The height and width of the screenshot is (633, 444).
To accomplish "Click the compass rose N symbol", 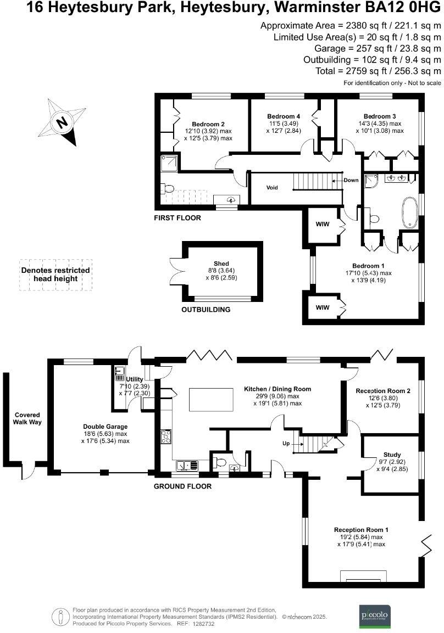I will (63, 122).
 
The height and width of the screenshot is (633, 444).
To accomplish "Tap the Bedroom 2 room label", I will (208, 124).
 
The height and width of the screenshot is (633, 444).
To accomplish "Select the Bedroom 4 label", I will (284, 116).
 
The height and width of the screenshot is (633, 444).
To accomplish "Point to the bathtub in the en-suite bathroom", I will (410, 212).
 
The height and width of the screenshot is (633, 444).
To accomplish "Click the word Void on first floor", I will (272, 188).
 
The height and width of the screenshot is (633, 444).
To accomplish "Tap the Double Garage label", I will (106, 427).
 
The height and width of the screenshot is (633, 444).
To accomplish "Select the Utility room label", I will (135, 379).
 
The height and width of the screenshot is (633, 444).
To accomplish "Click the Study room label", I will (392, 455).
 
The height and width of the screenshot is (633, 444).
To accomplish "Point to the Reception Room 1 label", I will (361, 530).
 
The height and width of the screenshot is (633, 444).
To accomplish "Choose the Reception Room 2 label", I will (383, 391).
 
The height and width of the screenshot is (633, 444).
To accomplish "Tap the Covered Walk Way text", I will (27, 418).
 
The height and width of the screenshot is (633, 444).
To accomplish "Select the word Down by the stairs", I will (351, 180).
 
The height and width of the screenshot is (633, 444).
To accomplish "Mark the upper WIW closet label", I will (322, 224).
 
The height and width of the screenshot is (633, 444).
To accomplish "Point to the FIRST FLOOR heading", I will (177, 218).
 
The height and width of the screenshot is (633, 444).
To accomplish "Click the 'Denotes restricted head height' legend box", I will (55, 275).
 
